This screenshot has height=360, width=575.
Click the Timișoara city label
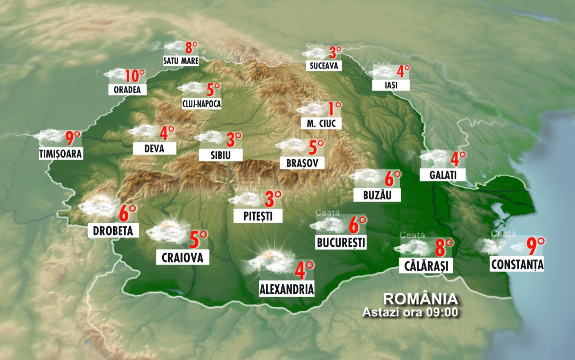coord(60,154)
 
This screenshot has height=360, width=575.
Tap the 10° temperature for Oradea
coord(135,76)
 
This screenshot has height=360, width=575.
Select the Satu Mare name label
coord(181,61)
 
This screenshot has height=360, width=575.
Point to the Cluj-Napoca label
coord(201,104)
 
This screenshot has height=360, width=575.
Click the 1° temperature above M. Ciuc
coord(334,109)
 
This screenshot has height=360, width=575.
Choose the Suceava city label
coord(324,66)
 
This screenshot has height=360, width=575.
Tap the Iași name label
coord(391,85)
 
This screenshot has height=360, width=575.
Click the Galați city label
coord(443,175)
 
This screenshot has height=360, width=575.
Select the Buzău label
coord(377,195)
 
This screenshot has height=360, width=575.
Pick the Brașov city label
coord(302,163)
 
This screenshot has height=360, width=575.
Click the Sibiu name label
coord(221,155)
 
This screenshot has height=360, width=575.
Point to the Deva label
coord(154,149)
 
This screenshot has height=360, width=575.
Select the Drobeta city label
coord(113,231)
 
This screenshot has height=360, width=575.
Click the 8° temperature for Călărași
coord(444,247)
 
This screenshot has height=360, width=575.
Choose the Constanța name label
coord(517,264)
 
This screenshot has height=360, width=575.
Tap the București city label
coord(341,242)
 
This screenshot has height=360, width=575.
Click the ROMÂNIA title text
coord(420,299)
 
